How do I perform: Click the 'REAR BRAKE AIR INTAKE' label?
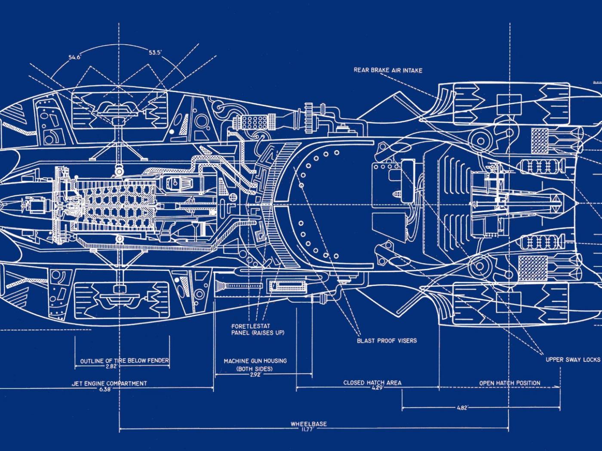(388, 70)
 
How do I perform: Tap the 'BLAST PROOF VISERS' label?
(387, 341)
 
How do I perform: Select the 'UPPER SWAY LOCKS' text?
(572, 360)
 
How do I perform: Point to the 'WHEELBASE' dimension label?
(308, 424)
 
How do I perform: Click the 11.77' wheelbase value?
(308, 429)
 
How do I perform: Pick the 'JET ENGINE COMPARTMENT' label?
(109, 384)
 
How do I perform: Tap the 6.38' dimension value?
(105, 389)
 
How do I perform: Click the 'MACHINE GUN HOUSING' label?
(255, 361)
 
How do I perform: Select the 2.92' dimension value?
(255, 374)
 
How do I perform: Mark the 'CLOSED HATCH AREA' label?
(372, 383)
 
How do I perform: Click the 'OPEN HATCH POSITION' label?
(510, 383)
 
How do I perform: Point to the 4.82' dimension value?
(461, 408)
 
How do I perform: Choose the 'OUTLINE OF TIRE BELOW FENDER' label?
(124, 361)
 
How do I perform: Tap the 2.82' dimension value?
(111, 366)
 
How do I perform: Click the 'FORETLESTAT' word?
(251, 326)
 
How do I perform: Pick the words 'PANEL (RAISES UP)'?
(258, 333)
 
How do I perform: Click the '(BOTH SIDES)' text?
(255, 369)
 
